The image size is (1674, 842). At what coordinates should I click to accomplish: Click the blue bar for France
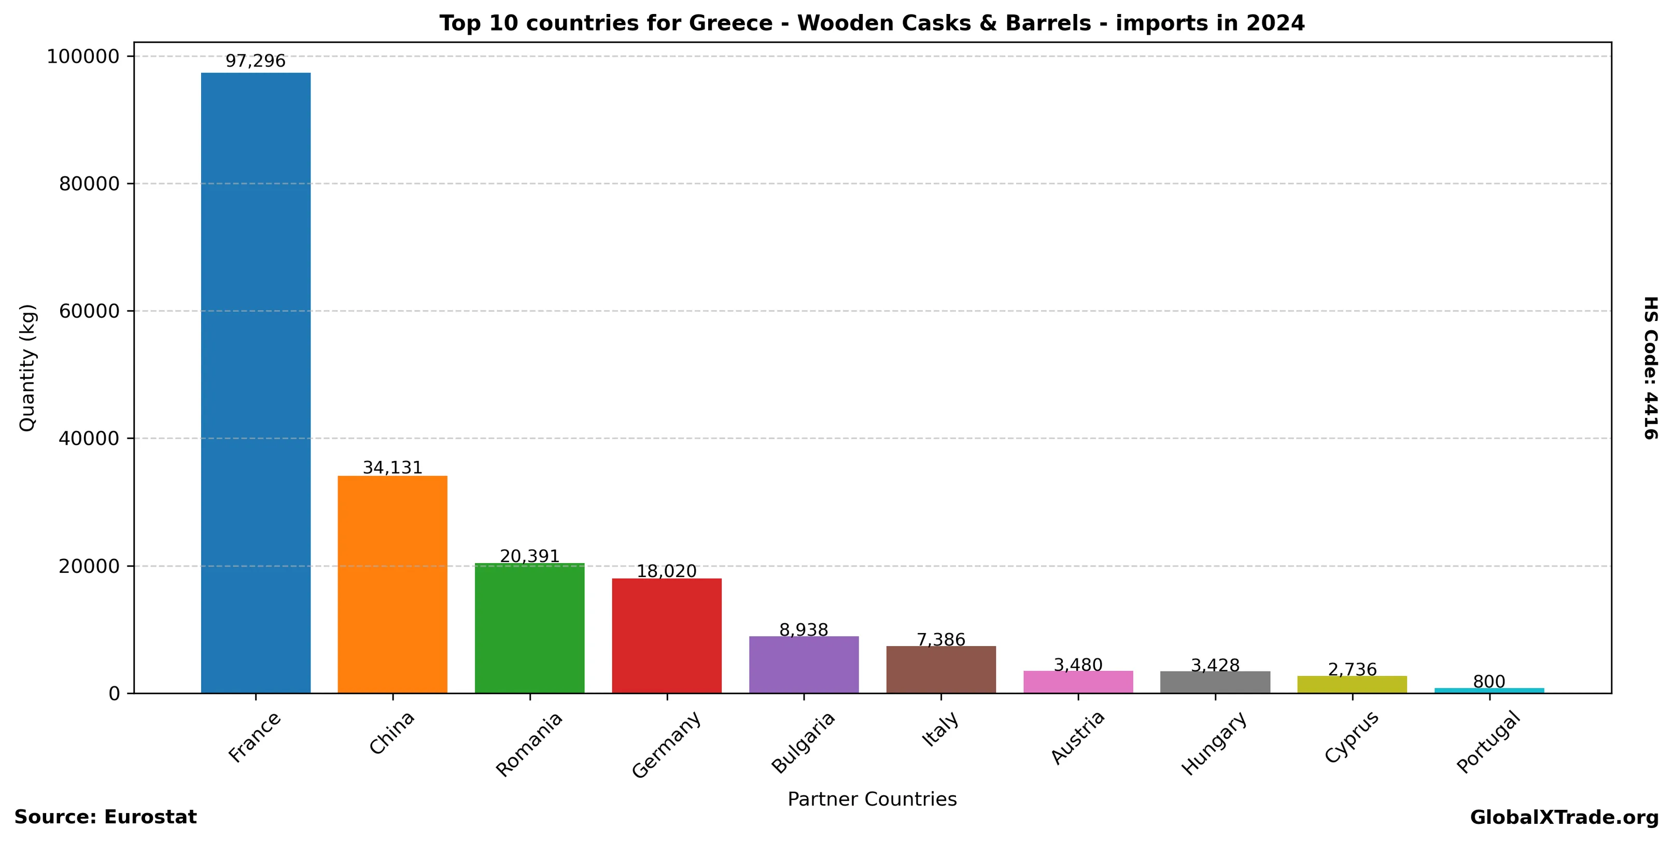coord(256,383)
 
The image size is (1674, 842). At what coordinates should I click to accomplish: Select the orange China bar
coord(392,584)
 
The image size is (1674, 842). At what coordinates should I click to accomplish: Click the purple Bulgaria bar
coord(804,664)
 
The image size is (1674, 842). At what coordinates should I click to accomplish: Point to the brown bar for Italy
coord(941,669)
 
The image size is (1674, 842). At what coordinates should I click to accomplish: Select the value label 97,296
coord(256,61)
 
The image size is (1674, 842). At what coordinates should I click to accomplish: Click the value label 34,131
coord(392,468)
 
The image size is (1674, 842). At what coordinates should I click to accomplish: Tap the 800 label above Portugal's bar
coord(1489,681)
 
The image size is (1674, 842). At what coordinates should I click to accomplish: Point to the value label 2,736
coord(1353,669)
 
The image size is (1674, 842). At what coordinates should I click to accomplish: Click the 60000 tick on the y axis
coord(90,311)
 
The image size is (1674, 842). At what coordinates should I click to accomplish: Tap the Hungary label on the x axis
coord(1214,743)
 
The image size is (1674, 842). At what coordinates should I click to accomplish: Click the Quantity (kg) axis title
coord(27,368)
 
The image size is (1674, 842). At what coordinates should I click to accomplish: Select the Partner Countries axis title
coord(872,799)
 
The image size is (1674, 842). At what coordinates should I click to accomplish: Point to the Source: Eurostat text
coord(105,817)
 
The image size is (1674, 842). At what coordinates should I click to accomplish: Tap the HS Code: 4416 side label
coord(1651,368)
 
